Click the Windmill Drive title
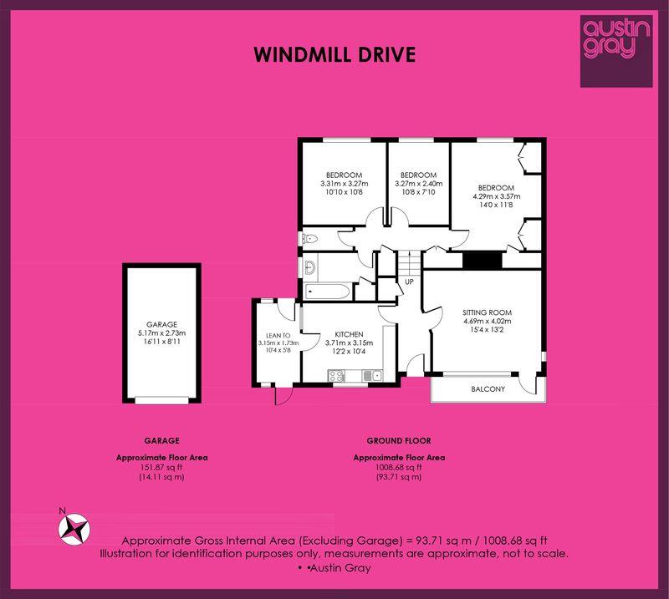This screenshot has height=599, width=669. click(x=334, y=54)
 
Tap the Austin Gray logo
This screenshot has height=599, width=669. click(x=616, y=51)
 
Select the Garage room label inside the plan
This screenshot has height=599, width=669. click(x=161, y=324)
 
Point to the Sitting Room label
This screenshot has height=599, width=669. click(x=487, y=312)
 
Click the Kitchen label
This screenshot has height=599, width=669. click(x=349, y=335)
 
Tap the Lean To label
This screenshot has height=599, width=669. click(x=278, y=336)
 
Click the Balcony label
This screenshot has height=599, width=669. click(x=488, y=388)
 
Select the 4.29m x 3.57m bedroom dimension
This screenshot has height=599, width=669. click(x=496, y=196)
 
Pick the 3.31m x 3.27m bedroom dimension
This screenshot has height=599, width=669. click(x=344, y=184)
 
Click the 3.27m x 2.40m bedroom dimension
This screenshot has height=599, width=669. click(x=419, y=184)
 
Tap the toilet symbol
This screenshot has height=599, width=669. click(x=309, y=239)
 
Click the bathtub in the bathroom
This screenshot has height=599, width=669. click(x=328, y=292)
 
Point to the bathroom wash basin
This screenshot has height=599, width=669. click(x=309, y=267)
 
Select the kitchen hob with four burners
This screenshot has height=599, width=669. click(x=336, y=376)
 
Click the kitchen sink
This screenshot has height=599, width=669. click(x=372, y=376)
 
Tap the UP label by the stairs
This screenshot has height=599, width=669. click(x=409, y=282)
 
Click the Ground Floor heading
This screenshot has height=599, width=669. click(x=399, y=441)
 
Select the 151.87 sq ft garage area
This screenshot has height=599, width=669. click(x=161, y=467)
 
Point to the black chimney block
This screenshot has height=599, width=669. click(x=483, y=261)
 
